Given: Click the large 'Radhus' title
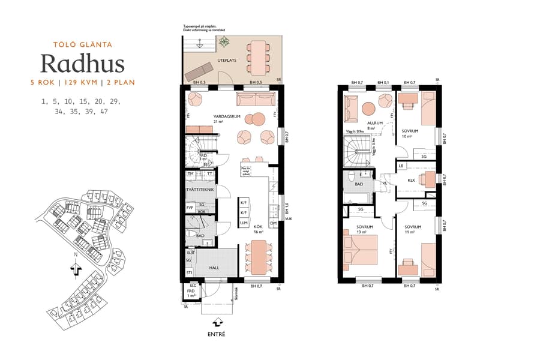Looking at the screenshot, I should pyautogui.click(x=83, y=63).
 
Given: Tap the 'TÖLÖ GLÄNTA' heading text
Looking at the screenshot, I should pyautogui.click(x=83, y=44).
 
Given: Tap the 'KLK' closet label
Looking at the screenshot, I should pyautogui.click(x=412, y=180).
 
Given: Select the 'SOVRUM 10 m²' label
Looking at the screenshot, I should pyautogui.click(x=410, y=133).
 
